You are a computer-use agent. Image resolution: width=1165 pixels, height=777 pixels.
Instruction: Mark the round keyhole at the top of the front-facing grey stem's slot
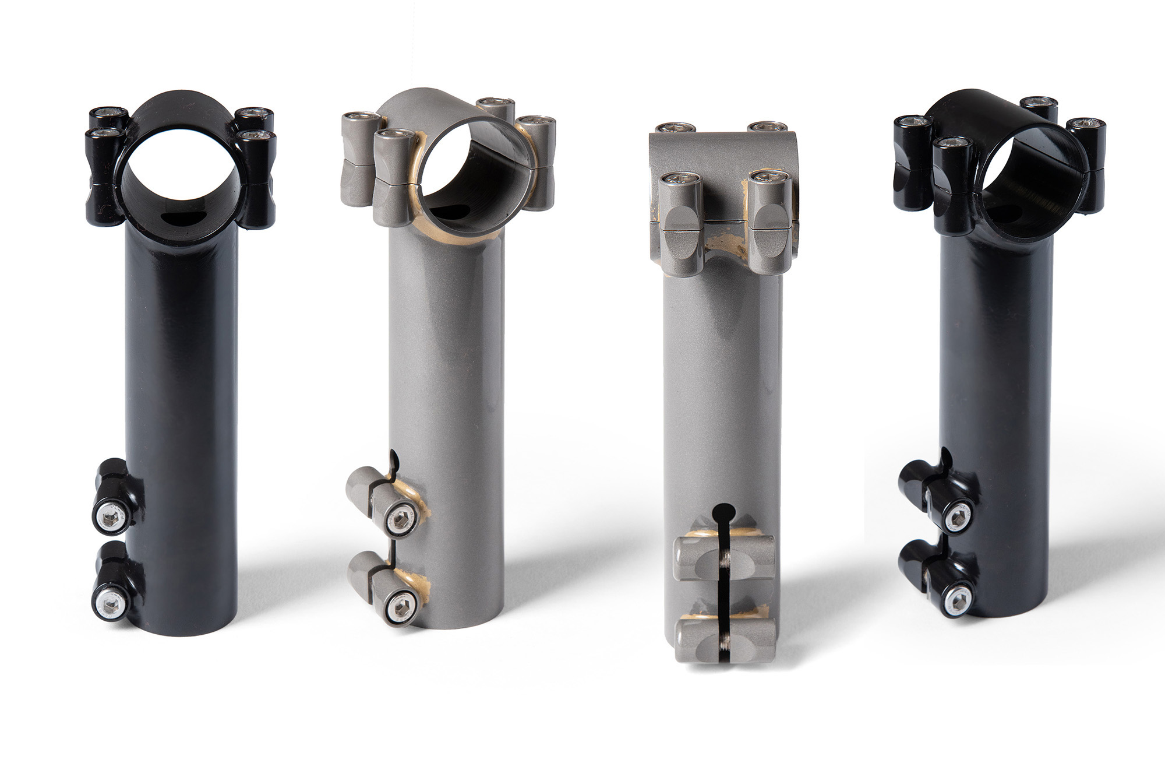click(724, 512)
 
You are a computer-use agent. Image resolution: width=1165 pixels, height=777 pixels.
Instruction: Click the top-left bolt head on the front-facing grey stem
click(672, 128)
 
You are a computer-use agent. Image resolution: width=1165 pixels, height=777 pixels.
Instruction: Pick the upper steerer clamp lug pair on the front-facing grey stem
click(725, 559)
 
